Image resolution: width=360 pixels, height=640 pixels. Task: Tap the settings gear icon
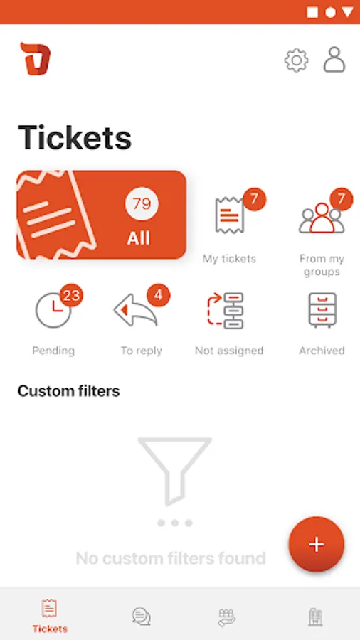click(297, 60)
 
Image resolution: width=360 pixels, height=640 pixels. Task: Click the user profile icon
click(334, 60)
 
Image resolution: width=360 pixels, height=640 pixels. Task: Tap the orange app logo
click(36, 59)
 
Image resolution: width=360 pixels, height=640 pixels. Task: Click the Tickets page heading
click(75, 137)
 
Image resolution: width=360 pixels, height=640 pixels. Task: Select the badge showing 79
click(142, 203)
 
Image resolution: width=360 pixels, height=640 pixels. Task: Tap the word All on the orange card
click(138, 238)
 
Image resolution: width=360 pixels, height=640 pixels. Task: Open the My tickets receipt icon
click(229, 215)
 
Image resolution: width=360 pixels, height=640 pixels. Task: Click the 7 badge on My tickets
click(254, 199)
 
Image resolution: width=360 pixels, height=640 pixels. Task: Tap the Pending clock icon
click(53, 310)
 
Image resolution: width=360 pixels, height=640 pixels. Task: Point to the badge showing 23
click(71, 295)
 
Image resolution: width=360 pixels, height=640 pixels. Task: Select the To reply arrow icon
click(135, 311)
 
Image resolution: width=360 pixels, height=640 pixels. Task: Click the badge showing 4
click(159, 294)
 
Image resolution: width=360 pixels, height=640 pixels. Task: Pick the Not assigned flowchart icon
click(226, 311)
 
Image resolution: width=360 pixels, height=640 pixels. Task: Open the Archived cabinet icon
click(322, 310)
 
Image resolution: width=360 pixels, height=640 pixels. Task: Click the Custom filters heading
click(68, 391)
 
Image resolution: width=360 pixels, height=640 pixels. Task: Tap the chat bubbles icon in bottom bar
click(141, 617)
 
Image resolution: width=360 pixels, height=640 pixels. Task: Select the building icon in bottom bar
click(314, 617)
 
